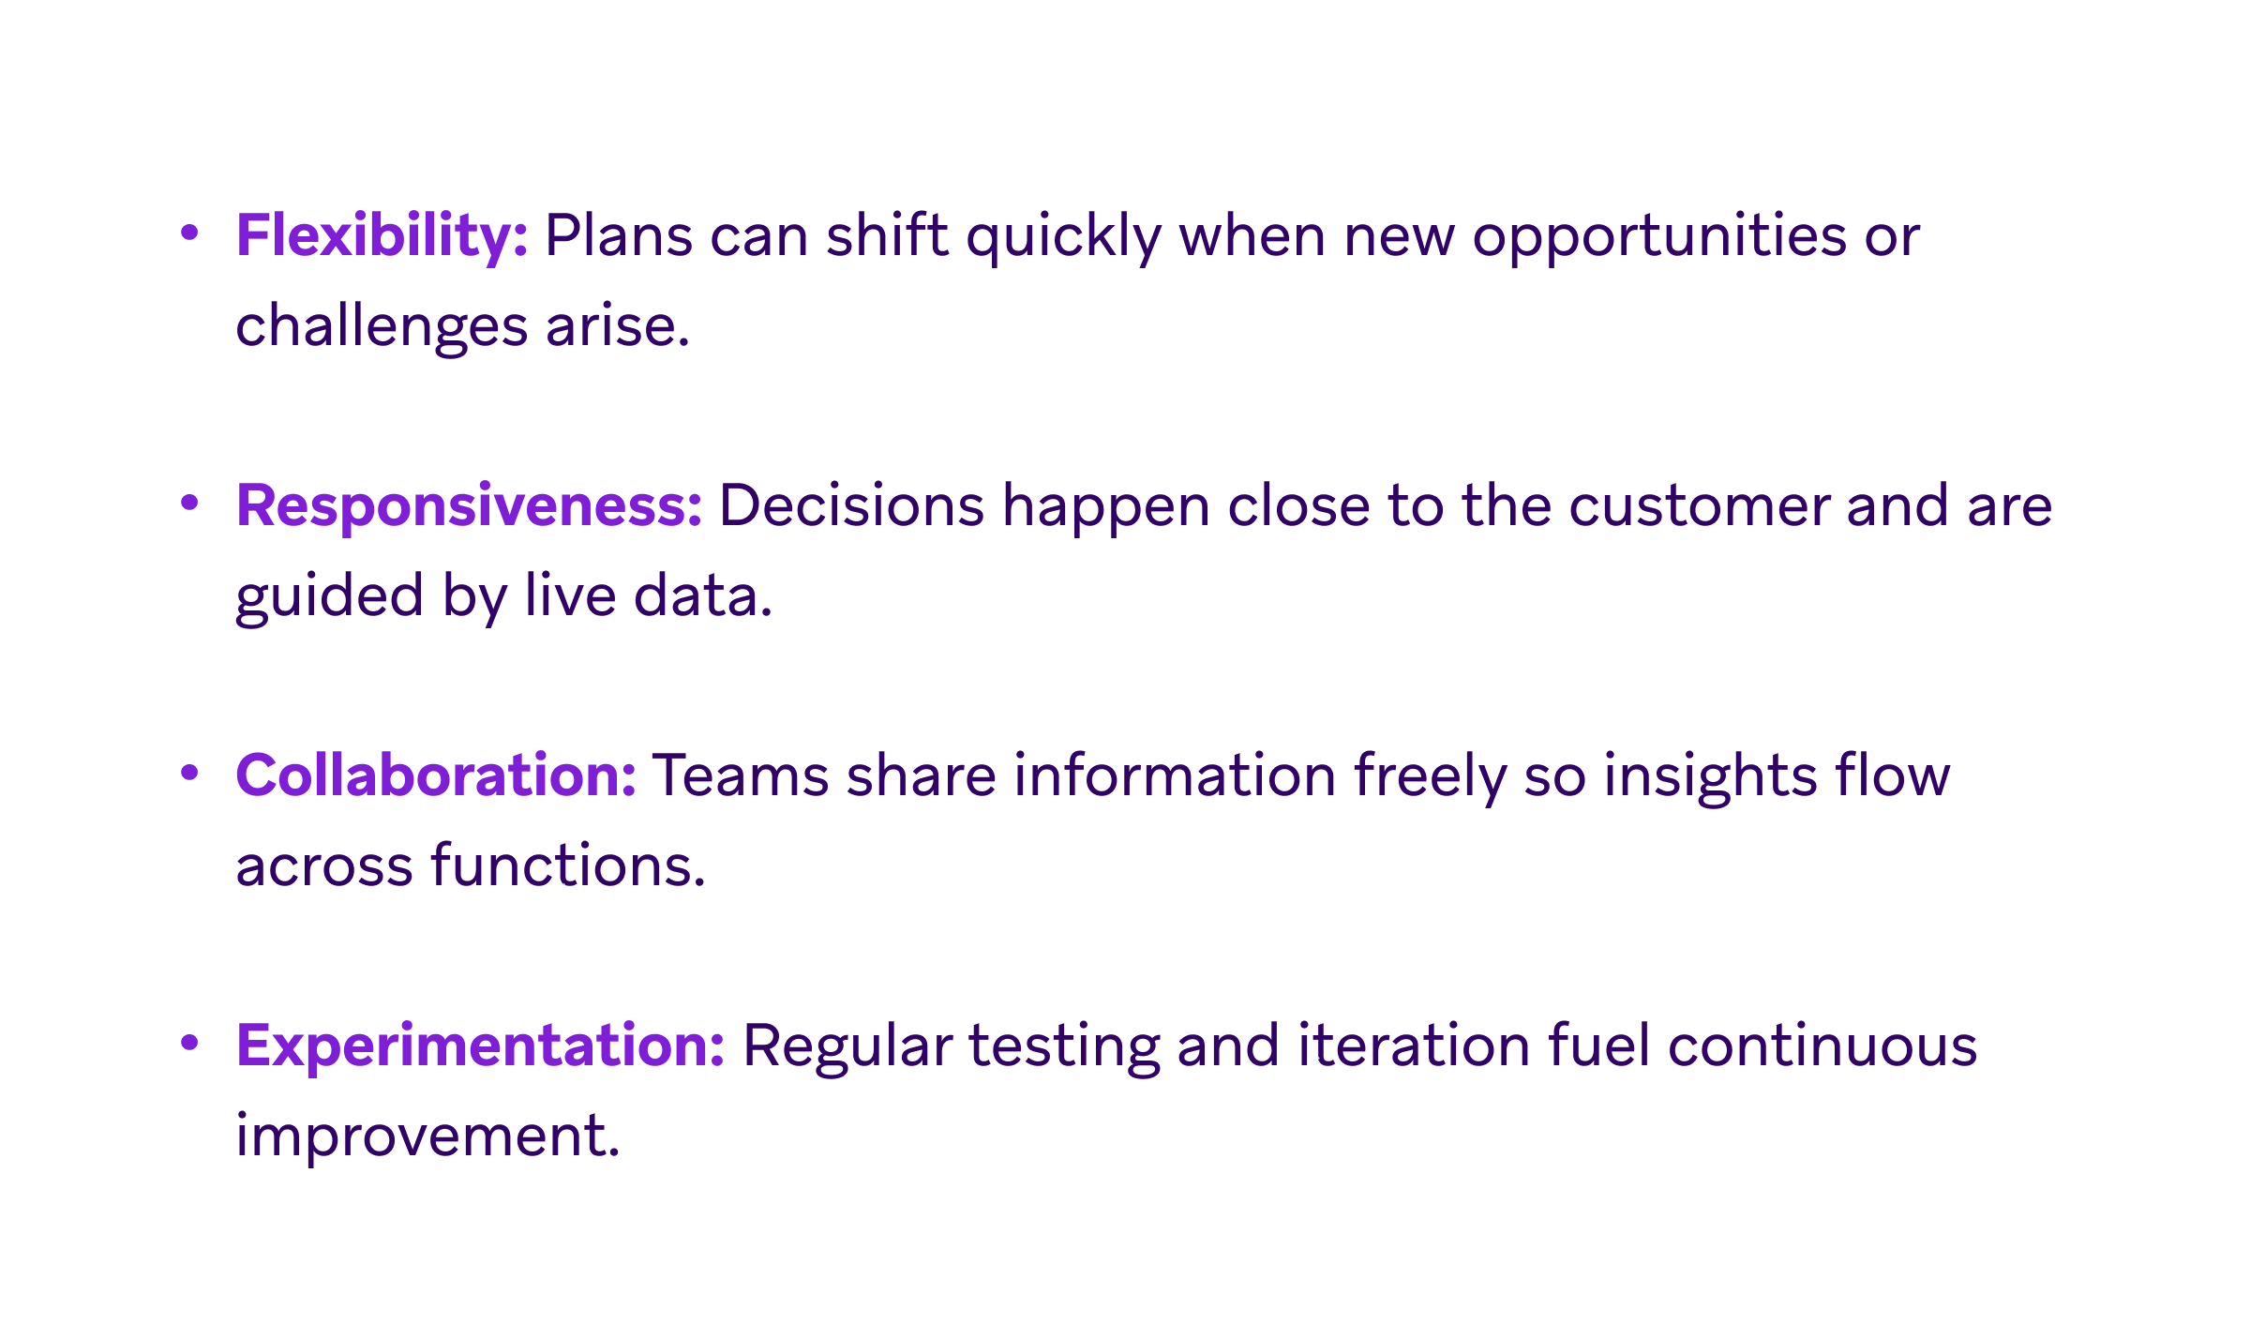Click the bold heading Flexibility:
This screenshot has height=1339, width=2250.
[382, 235]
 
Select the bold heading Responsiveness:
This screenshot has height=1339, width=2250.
[469, 505]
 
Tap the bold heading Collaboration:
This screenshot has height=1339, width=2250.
[436, 775]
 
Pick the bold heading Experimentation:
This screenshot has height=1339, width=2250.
[480, 1046]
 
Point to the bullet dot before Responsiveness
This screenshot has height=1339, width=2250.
[189, 503]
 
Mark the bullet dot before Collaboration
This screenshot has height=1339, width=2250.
[189, 773]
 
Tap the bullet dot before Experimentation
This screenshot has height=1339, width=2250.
[189, 1043]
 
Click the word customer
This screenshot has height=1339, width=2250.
[1699, 505]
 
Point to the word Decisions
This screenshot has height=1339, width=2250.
[851, 505]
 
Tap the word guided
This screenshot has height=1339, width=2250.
[329, 597]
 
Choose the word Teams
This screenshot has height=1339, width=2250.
[741, 775]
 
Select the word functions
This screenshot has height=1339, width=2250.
[567, 865]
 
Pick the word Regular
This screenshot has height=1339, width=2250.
[847, 1046]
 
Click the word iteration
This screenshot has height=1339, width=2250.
[1414, 1046]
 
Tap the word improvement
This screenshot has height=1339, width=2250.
[427, 1136]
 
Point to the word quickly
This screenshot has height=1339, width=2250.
[1063, 235]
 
